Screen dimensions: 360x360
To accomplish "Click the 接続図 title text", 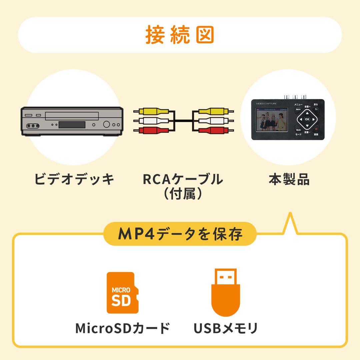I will pyautogui.click(x=180, y=35).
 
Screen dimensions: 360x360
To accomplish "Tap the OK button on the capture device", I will pyautogui.click(x=307, y=119).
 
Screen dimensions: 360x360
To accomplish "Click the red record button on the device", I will pyautogui.click(x=316, y=129).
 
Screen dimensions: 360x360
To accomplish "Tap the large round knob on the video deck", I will pyautogui.click(x=107, y=124).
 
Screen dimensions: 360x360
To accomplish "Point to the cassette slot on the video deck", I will pyautogui.click(x=72, y=116).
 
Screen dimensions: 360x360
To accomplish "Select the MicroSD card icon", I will pyautogui.click(x=122, y=293).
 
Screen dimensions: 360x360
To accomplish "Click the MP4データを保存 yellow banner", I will pyautogui.click(x=180, y=234).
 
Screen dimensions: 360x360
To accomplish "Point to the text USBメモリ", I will pyautogui.click(x=226, y=328).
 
